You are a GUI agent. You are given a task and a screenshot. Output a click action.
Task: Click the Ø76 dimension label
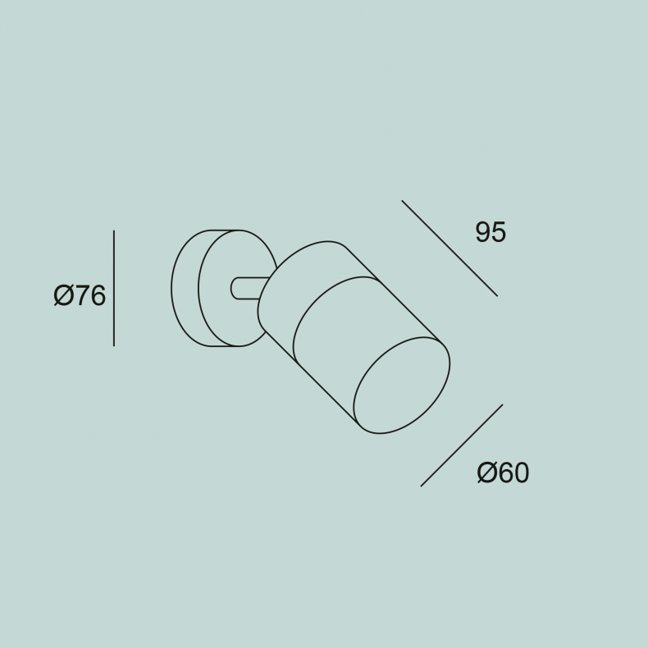[x=80, y=295]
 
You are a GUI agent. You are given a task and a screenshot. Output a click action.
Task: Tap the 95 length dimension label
[x=491, y=232]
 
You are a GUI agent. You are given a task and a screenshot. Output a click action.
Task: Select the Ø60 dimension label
[x=503, y=472]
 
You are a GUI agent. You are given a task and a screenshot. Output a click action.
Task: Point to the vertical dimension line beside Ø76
[x=114, y=288]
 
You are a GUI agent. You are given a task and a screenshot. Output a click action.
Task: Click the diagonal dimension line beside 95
[x=449, y=249]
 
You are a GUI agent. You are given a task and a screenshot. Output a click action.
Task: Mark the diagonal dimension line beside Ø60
[x=462, y=445]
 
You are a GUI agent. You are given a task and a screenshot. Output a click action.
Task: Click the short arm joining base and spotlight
[x=248, y=288]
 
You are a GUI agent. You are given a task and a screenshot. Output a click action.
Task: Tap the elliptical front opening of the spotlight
[x=402, y=386]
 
